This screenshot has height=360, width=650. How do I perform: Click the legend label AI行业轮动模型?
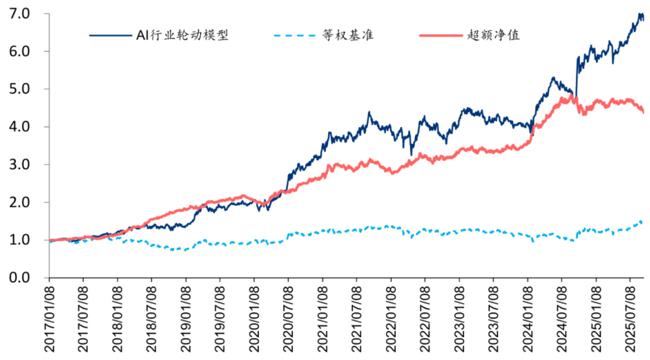pos(182,35)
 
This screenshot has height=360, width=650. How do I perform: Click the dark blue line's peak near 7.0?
pos(640,14)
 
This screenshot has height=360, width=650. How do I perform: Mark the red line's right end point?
pos(643,112)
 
